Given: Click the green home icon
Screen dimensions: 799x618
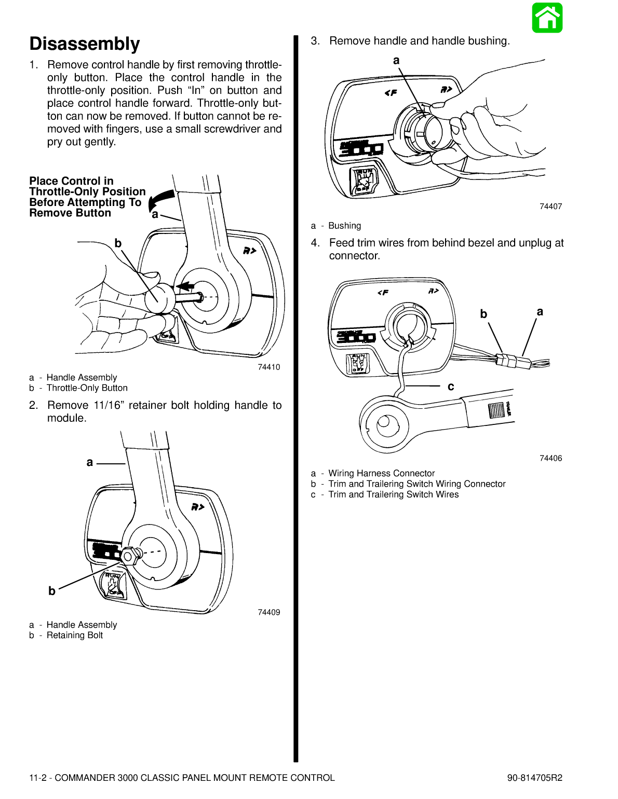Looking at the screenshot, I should (x=547, y=18).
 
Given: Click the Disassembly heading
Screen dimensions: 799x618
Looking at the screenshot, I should (x=85, y=44).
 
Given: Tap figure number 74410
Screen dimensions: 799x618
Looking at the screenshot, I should (x=268, y=367).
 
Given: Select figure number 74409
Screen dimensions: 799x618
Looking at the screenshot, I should (x=268, y=612).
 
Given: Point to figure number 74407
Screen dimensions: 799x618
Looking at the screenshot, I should (x=550, y=206).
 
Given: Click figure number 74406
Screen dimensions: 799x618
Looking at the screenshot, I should (x=550, y=458).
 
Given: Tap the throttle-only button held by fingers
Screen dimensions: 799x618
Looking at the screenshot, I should (x=158, y=298).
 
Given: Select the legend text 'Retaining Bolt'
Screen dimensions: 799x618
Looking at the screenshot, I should (x=75, y=636).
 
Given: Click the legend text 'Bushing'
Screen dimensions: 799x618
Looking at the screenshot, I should (x=344, y=226).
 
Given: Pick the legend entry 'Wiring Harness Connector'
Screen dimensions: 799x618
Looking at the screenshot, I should (x=381, y=473).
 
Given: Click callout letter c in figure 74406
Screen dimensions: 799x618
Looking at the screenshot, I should (x=451, y=387).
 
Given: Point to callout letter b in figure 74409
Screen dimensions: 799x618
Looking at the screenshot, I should (x=52, y=591).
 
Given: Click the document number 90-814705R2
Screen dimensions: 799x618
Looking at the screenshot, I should (x=534, y=778).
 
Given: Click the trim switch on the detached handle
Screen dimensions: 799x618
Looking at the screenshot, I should (x=496, y=410).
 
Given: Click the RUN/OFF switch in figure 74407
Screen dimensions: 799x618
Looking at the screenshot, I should (x=364, y=180).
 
